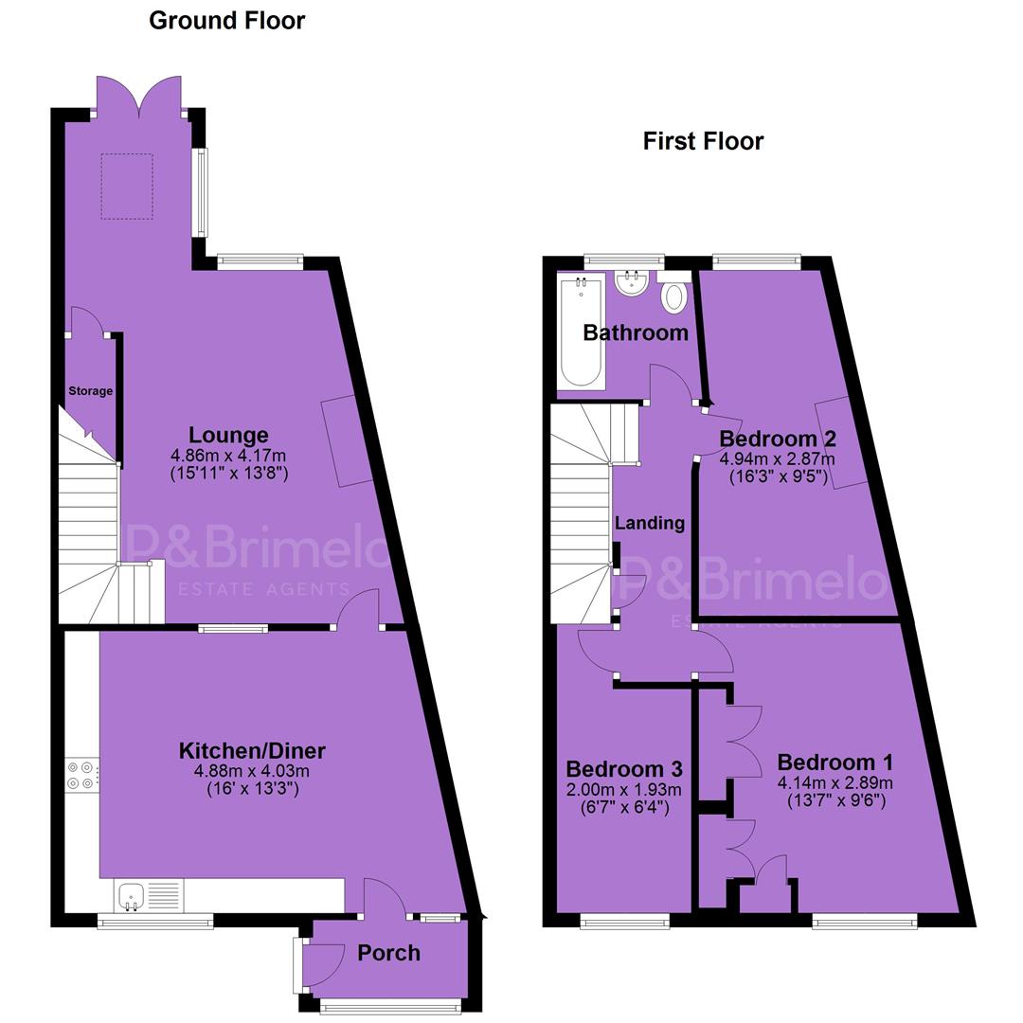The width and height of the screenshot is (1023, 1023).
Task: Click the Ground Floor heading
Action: pos(227,21)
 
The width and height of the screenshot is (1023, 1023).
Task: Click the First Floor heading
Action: pos(703,141)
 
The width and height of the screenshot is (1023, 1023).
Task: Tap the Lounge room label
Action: pos(228,435)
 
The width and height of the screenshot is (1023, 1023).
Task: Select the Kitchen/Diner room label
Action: pos(252,750)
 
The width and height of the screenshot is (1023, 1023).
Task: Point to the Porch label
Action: pos(389,953)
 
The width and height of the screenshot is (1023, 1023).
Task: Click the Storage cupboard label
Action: pos(91,391)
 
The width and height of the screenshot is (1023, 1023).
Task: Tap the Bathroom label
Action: pos(636,332)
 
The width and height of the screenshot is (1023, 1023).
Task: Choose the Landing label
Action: pos(650,523)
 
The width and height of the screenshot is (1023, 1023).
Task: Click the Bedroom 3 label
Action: pos(624,768)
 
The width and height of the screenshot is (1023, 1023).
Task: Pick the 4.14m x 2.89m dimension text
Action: pos(835,782)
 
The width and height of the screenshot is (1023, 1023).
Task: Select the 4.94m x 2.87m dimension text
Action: pos(777,458)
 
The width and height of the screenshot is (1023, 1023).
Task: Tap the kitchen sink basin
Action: pos(132,895)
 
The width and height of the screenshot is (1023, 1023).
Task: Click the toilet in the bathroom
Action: pos(674,292)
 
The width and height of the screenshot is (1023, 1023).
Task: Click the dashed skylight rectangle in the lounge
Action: pos(127,187)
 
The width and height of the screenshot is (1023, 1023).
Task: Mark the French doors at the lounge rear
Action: pos(139,98)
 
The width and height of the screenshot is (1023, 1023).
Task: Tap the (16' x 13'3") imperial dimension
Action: pos(253,788)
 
